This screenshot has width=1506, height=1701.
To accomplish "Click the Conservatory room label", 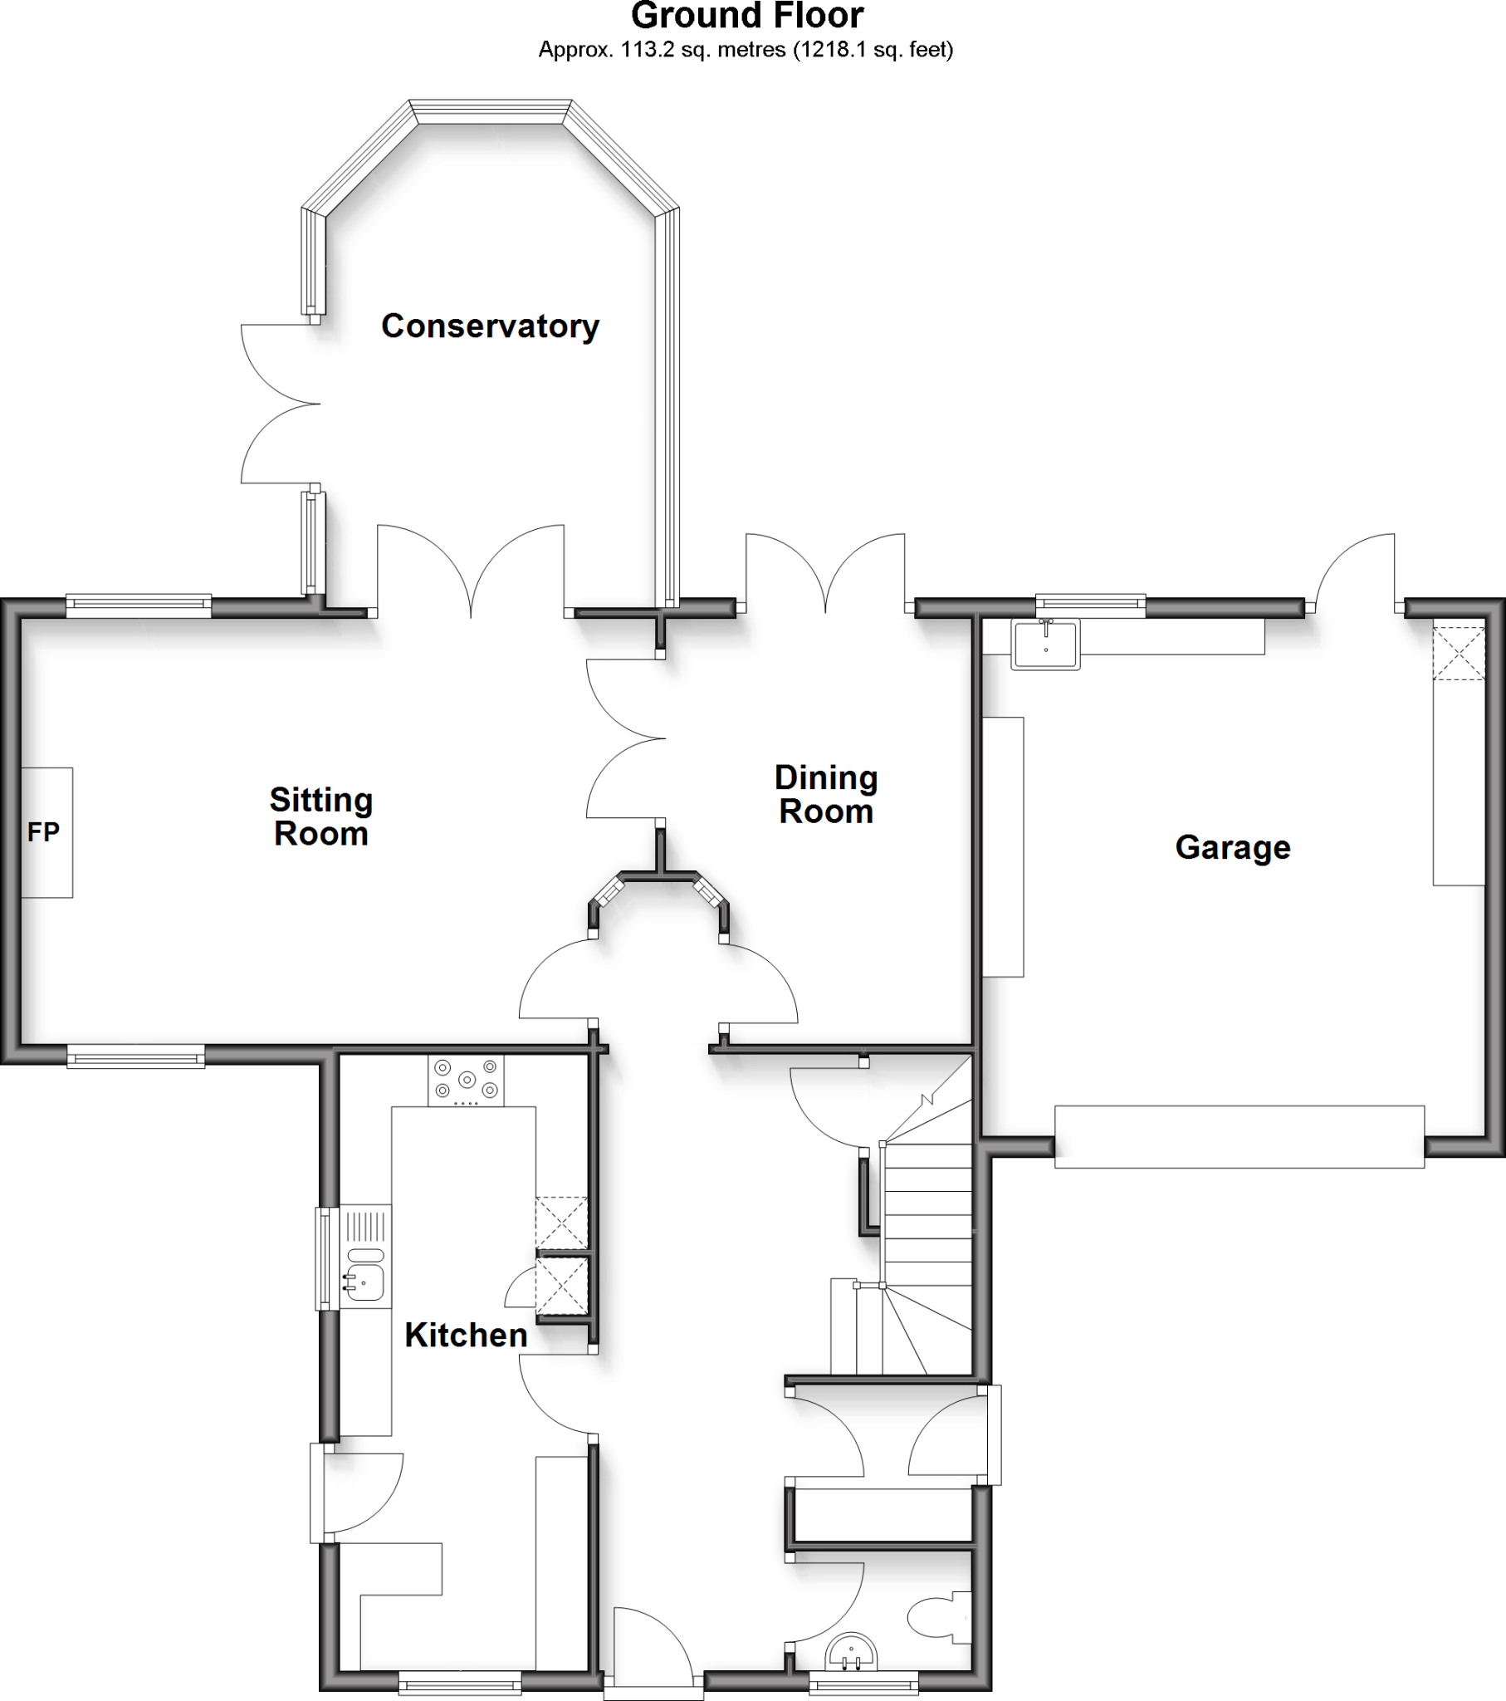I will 489,326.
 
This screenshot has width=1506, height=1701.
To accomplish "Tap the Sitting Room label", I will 321,816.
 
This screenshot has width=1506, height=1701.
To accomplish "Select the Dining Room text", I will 825,794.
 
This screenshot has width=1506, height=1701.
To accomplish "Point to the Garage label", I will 1232,847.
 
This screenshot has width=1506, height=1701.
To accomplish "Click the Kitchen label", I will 466,1336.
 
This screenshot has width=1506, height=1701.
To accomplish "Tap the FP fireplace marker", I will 43,831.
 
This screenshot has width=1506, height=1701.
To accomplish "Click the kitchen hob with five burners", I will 466,1081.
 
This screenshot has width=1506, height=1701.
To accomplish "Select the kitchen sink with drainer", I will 364,1257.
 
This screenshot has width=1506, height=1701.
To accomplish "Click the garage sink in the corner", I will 1045,644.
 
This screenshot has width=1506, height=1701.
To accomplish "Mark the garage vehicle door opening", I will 1239,1135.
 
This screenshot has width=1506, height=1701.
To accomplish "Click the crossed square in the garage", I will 1458,654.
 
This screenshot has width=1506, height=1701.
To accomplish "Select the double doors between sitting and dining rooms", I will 626,738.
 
